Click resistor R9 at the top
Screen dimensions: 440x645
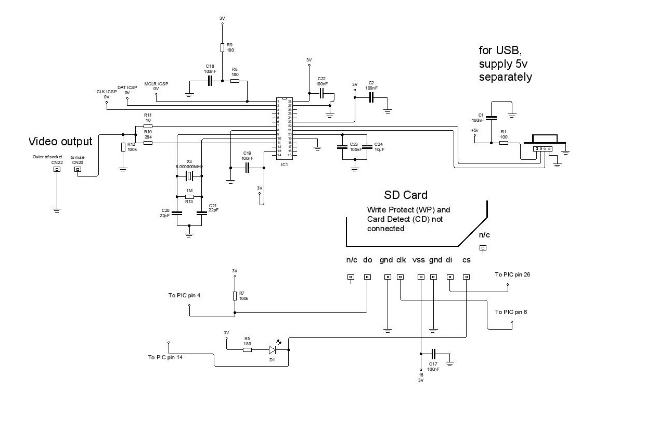[x=222, y=47]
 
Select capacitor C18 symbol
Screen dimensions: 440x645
[x=210, y=81]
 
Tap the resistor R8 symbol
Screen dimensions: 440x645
[x=235, y=81]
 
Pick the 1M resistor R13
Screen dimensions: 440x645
[x=189, y=196]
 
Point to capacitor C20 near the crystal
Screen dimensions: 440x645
[x=177, y=212]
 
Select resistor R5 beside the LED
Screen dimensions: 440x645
[x=247, y=350]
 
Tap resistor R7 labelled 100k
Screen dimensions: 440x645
[x=235, y=296]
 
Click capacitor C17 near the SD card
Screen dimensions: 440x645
[x=433, y=353]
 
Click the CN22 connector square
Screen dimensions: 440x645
[x=57, y=169]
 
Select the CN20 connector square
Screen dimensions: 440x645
[x=78, y=169]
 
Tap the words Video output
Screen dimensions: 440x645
[x=60, y=141]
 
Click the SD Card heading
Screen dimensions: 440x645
[x=406, y=195]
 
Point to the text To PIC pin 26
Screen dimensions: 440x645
[x=512, y=274]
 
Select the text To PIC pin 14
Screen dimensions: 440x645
[x=165, y=357]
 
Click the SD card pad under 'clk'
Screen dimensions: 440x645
[x=400, y=277]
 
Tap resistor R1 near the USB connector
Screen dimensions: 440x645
[x=503, y=142]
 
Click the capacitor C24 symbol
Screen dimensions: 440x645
[x=367, y=147]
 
